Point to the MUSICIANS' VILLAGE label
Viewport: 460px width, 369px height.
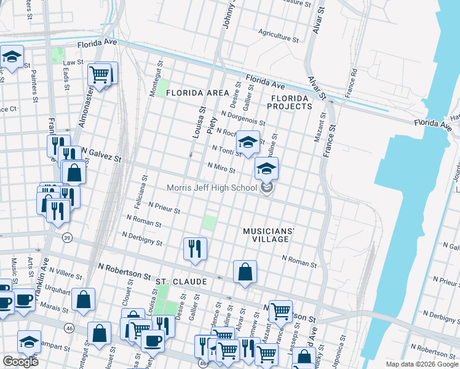[x=269, y=234]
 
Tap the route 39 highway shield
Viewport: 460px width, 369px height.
[x=66, y=237]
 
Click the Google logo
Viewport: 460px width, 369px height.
[x=20, y=361]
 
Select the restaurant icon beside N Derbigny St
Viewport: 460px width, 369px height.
[x=195, y=249]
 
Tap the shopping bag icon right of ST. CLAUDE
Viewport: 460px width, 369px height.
[x=244, y=272]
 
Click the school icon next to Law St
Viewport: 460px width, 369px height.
[x=12, y=57]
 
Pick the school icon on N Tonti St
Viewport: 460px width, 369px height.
[x=247, y=143]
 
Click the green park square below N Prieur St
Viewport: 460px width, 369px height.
[x=210, y=222]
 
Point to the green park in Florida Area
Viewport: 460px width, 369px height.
[x=161, y=88]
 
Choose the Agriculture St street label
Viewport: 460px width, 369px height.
[x=279, y=34]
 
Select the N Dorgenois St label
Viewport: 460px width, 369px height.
[x=246, y=119]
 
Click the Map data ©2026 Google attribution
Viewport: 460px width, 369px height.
[x=421, y=364]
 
